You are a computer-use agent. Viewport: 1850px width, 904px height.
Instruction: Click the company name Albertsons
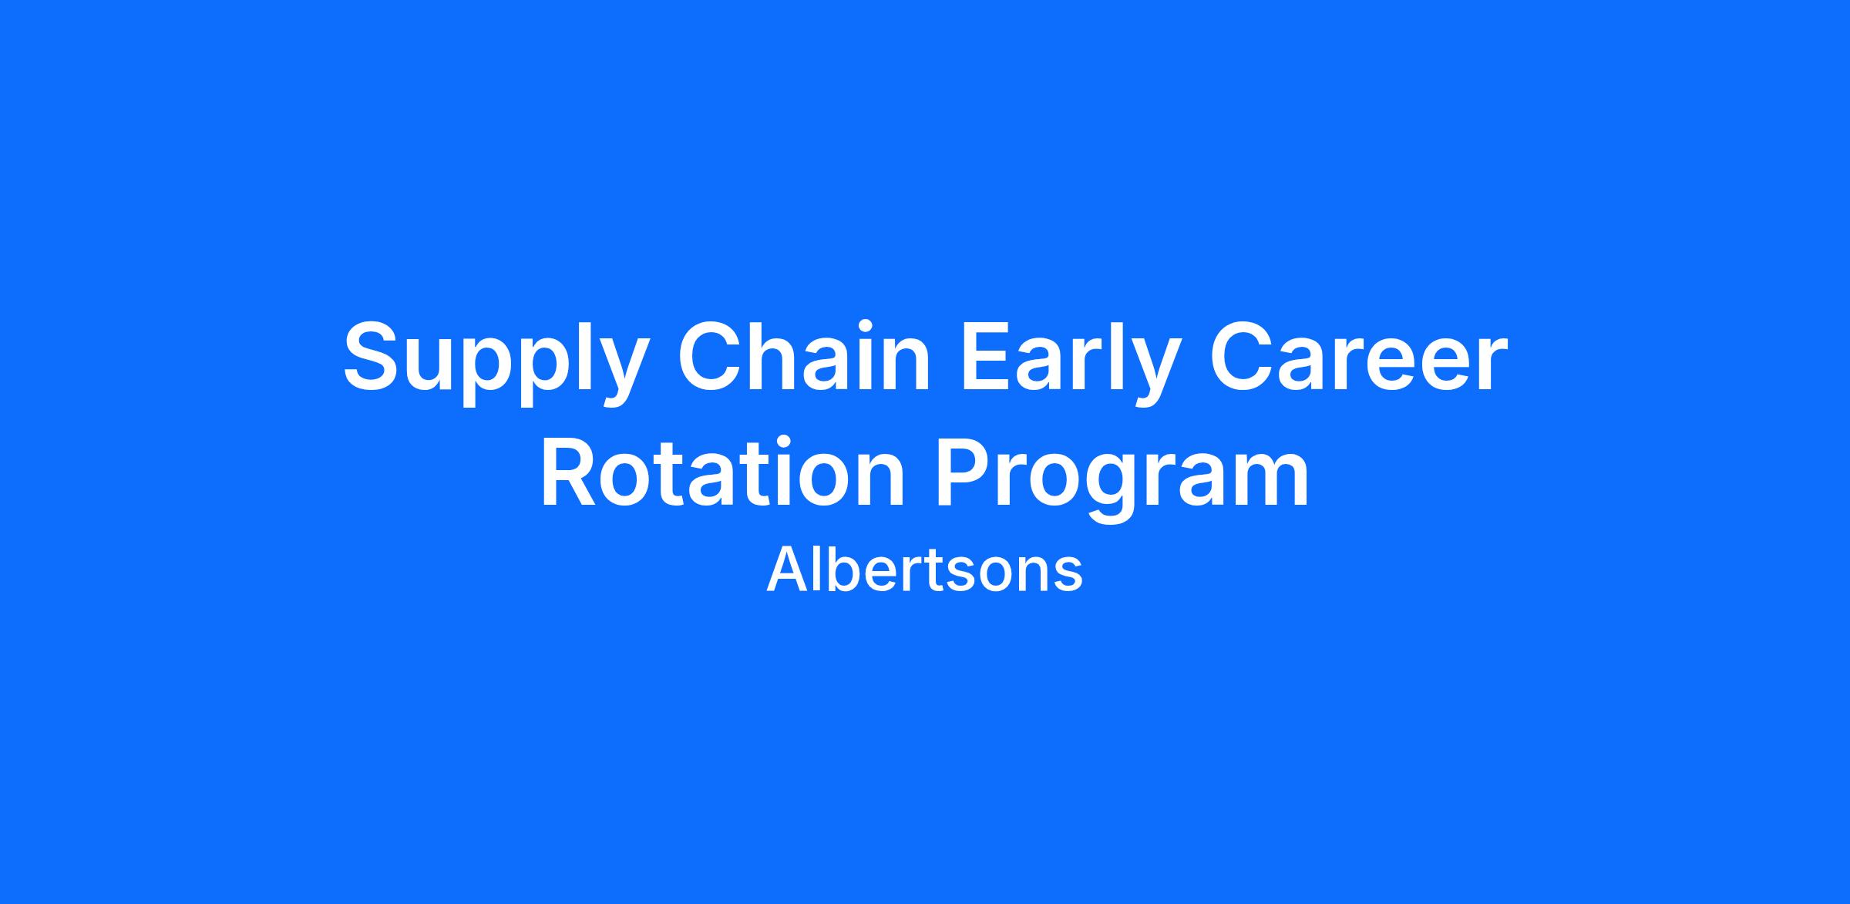pyautogui.click(x=924, y=570)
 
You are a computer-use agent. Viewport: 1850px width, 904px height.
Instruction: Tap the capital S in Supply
pyautogui.click(x=375, y=355)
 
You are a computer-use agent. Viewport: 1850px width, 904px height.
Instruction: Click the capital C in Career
pyautogui.click(x=1243, y=355)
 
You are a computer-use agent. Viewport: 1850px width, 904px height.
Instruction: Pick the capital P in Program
pyautogui.click(x=966, y=472)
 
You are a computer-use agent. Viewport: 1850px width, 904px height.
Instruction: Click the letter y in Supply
pyautogui.click(x=617, y=374)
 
